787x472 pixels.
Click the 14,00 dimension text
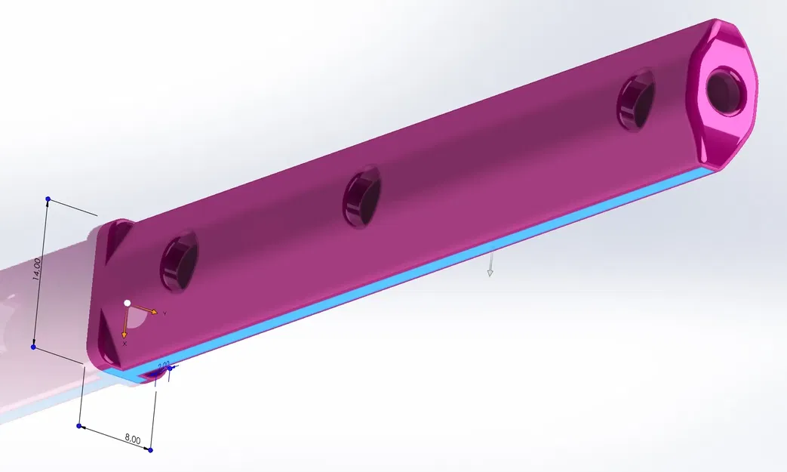click(x=37, y=269)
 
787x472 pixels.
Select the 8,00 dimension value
click(x=133, y=439)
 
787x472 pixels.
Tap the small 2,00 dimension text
click(x=163, y=365)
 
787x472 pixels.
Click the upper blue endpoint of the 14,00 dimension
click(x=48, y=199)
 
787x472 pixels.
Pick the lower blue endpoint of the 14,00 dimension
click(x=33, y=347)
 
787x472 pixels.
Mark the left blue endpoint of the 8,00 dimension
click(x=79, y=426)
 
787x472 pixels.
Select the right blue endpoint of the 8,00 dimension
click(x=151, y=450)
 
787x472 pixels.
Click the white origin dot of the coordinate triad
click(x=128, y=303)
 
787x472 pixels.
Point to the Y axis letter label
click(x=164, y=313)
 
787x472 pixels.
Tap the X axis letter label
click(x=125, y=344)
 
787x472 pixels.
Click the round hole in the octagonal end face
click(x=726, y=89)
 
